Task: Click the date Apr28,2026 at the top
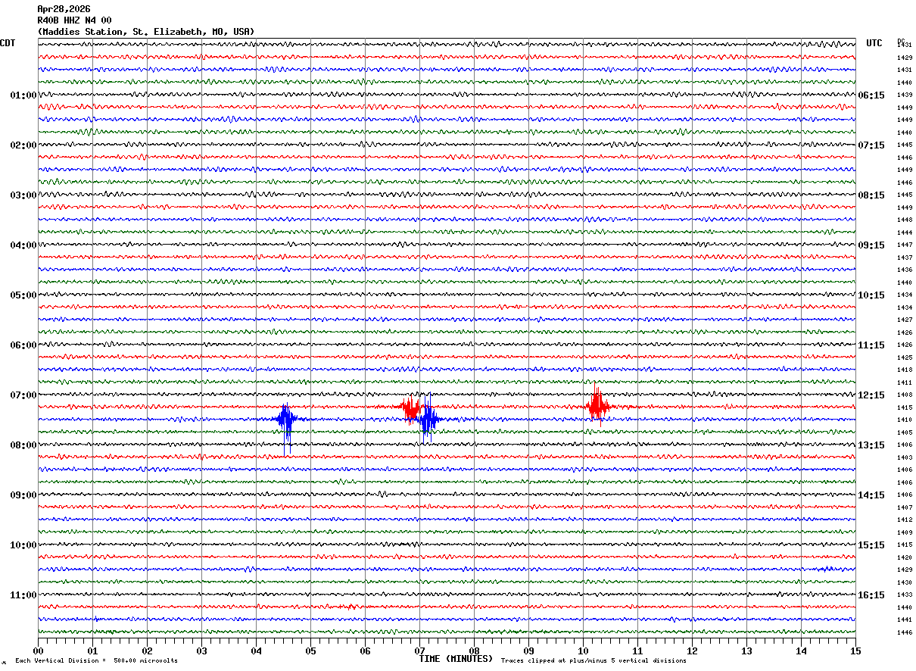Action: [x=64, y=9]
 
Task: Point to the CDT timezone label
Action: [x=8, y=43]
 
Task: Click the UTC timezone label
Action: [x=874, y=43]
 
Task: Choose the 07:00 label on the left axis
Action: [x=23, y=395]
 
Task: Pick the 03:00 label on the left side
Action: [x=23, y=195]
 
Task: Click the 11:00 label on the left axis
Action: [x=23, y=595]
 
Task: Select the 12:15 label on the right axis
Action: [x=871, y=395]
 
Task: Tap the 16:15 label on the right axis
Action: [x=871, y=595]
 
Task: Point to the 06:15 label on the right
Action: [x=871, y=95]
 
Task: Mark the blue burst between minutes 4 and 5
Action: [x=286, y=420]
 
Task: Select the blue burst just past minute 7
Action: [x=428, y=419]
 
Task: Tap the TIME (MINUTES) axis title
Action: [x=455, y=659]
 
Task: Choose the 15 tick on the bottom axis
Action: [x=855, y=651]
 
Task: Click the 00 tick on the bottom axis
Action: [x=38, y=651]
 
